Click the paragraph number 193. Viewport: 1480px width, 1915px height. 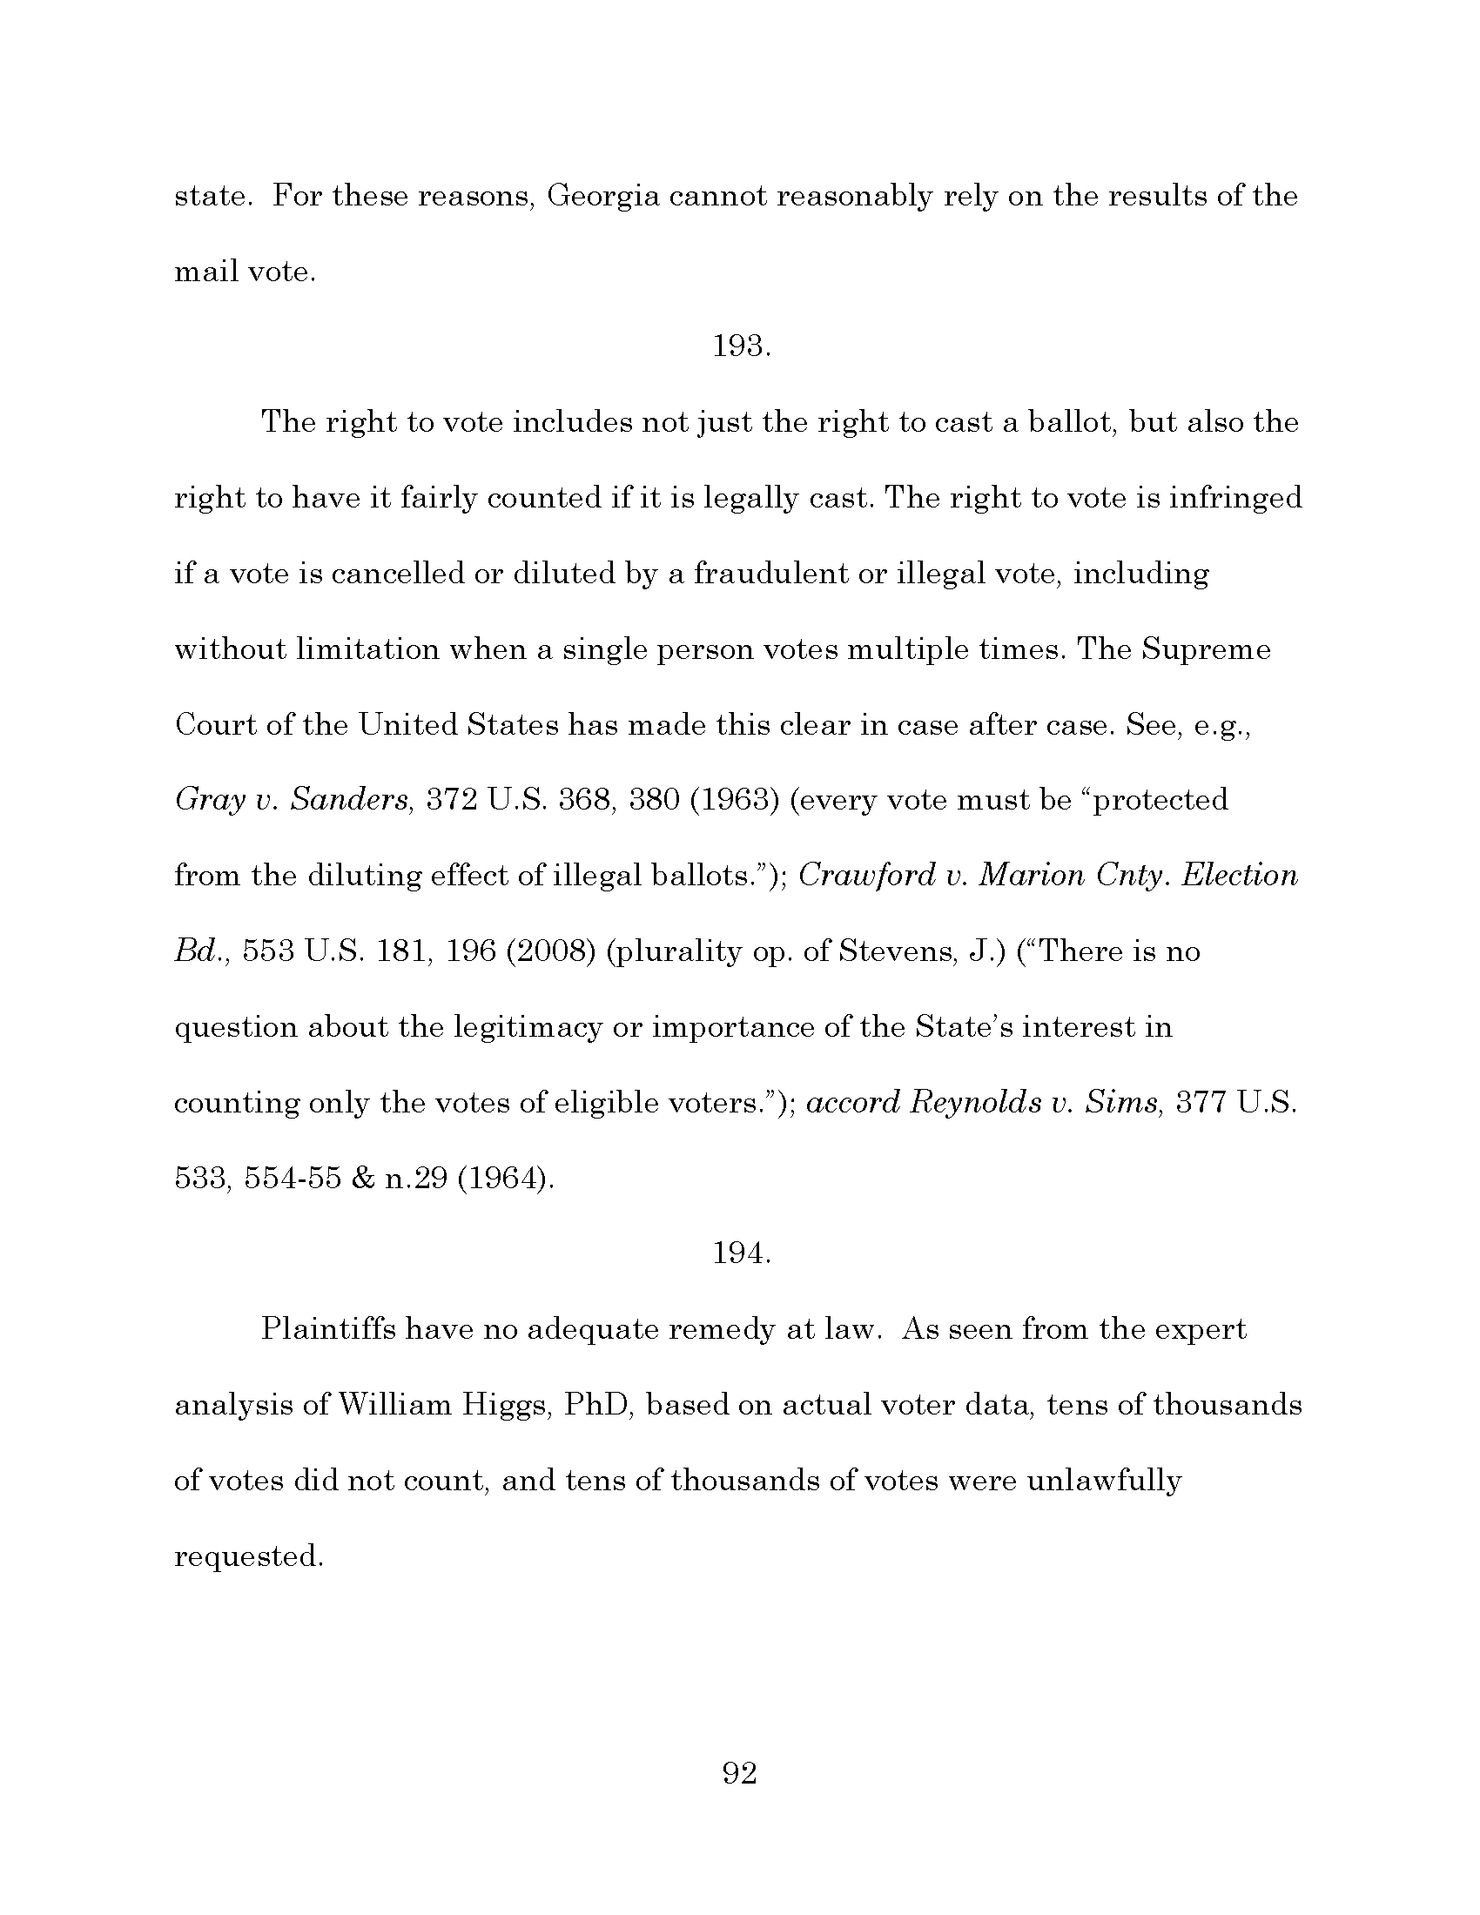click(x=741, y=347)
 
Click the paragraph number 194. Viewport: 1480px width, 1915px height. click(x=741, y=1253)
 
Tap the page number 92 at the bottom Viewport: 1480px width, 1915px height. click(x=739, y=1773)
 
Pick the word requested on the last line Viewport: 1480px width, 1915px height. click(x=249, y=1556)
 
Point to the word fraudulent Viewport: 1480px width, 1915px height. click(x=770, y=574)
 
